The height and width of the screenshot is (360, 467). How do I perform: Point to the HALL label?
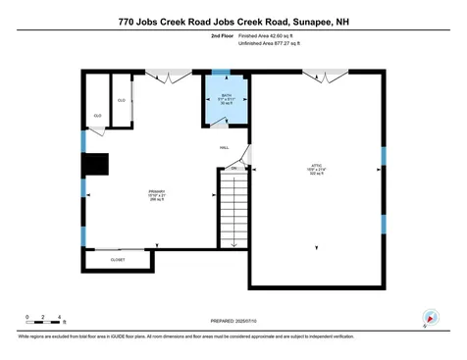pyautogui.click(x=224, y=147)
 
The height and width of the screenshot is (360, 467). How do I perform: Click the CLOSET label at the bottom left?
pyautogui.click(x=118, y=260)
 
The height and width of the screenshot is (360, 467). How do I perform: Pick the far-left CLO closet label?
pyautogui.click(x=97, y=116)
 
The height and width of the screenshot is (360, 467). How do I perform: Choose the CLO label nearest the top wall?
pyautogui.click(x=122, y=100)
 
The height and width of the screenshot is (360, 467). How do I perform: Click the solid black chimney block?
pyautogui.click(x=97, y=166)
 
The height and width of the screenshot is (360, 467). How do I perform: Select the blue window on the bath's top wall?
pyautogui.click(x=221, y=73)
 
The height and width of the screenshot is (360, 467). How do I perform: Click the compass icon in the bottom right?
pyautogui.click(x=429, y=317)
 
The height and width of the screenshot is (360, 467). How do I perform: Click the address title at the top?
pyautogui.click(x=233, y=20)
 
